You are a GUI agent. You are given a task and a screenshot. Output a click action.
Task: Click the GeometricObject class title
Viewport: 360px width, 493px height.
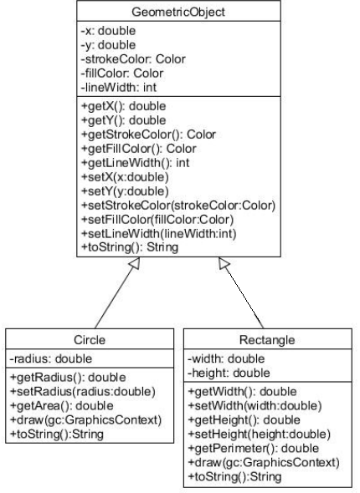pos(178,12)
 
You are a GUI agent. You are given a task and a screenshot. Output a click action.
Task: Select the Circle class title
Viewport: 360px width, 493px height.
pos(90,340)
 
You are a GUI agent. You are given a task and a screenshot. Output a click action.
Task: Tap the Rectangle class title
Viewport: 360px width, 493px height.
pos(267,340)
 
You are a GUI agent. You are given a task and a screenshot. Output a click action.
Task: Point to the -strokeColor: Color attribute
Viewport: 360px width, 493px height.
pos(133,59)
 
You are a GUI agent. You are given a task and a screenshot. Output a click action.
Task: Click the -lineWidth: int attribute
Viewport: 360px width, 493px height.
pos(119,87)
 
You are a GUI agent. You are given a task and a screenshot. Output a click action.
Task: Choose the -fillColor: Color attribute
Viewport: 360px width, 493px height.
pos(122,74)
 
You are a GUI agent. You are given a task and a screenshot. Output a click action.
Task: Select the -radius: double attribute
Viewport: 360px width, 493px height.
pos(51,358)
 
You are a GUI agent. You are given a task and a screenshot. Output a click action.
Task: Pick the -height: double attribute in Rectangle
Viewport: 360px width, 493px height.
pos(229,373)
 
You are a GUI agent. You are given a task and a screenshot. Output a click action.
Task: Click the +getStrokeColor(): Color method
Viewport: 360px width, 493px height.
pos(149,135)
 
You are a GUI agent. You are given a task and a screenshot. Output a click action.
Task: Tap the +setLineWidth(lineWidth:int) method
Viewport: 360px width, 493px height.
pos(159,234)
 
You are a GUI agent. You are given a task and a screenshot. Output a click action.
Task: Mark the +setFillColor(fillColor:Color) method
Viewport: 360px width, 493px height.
pos(157,220)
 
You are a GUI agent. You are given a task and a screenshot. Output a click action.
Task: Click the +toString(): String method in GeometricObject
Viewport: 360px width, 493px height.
pos(130,247)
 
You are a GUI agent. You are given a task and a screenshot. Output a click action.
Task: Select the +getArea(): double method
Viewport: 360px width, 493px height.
pos(62,405)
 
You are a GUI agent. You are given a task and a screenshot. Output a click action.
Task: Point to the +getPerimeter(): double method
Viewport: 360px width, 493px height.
pos(253,449)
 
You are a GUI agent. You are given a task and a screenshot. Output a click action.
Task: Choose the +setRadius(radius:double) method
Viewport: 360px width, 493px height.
pos(83,391)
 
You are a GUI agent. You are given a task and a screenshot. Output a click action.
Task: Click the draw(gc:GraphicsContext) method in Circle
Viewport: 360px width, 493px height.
pos(85,419)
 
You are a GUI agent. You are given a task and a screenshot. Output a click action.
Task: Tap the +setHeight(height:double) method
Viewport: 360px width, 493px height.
pos(260,435)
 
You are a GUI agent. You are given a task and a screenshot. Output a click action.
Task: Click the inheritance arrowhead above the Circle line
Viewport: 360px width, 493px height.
pos(136,262)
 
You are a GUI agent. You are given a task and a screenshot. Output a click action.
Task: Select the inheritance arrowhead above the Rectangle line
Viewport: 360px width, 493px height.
pos(224,262)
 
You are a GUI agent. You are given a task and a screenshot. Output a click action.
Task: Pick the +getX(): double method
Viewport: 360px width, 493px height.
pos(123,106)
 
